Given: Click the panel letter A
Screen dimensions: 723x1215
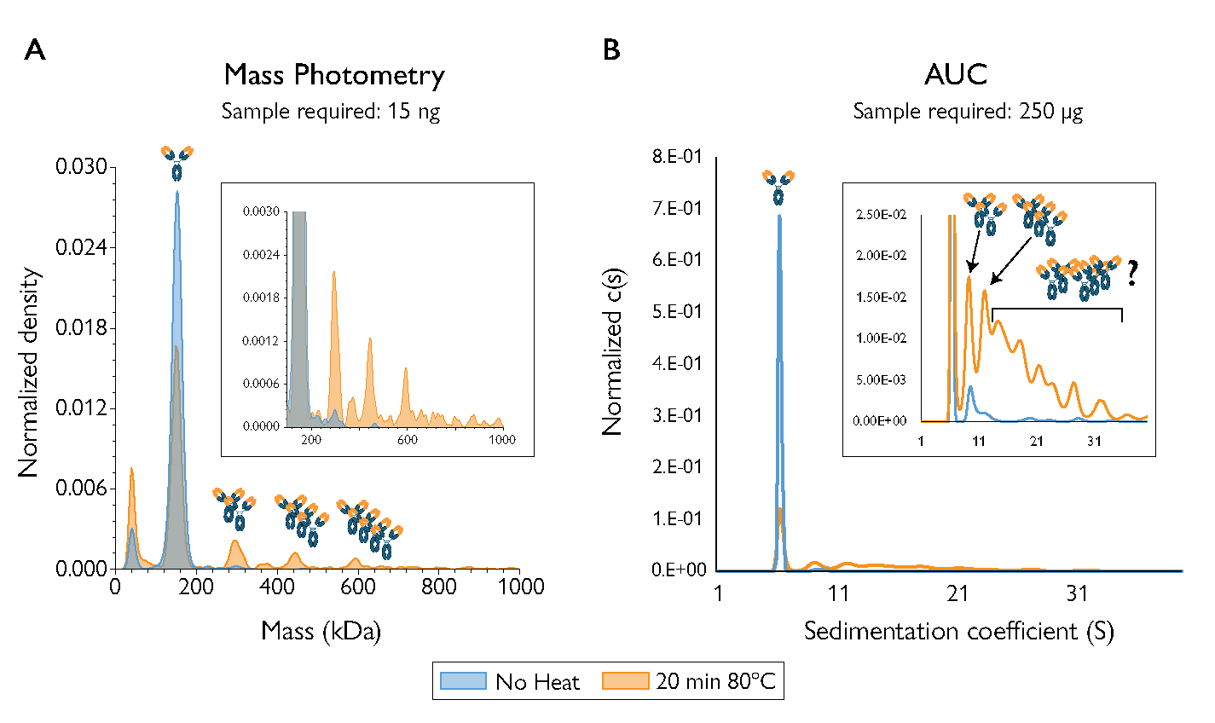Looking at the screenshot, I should tap(35, 50).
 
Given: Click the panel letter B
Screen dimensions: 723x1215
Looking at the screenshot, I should tap(611, 50).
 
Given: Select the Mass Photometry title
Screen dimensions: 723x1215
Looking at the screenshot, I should tap(334, 75).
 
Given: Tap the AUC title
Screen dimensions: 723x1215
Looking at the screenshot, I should tap(956, 75).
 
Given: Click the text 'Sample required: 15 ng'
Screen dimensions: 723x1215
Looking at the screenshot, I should tap(331, 112).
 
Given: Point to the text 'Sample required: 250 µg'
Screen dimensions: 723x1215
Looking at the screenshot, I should tap(968, 112).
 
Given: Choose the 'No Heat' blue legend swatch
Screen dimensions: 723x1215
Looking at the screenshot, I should tap(462, 681).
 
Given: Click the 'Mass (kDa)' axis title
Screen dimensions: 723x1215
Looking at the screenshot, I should tap(321, 632).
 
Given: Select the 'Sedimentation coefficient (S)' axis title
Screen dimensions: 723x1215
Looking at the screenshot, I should tap(959, 632).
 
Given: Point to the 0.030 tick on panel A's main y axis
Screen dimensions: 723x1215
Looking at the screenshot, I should tap(82, 167).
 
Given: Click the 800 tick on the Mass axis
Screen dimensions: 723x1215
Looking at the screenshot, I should tap(439, 587).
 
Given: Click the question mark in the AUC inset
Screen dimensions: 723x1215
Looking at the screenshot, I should tap(1131, 273).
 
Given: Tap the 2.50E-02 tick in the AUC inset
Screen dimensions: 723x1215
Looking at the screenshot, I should tap(881, 214).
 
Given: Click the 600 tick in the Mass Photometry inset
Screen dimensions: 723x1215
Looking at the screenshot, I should tap(408, 440).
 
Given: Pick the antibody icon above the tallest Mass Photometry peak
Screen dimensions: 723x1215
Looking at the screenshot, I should tap(177, 163).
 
